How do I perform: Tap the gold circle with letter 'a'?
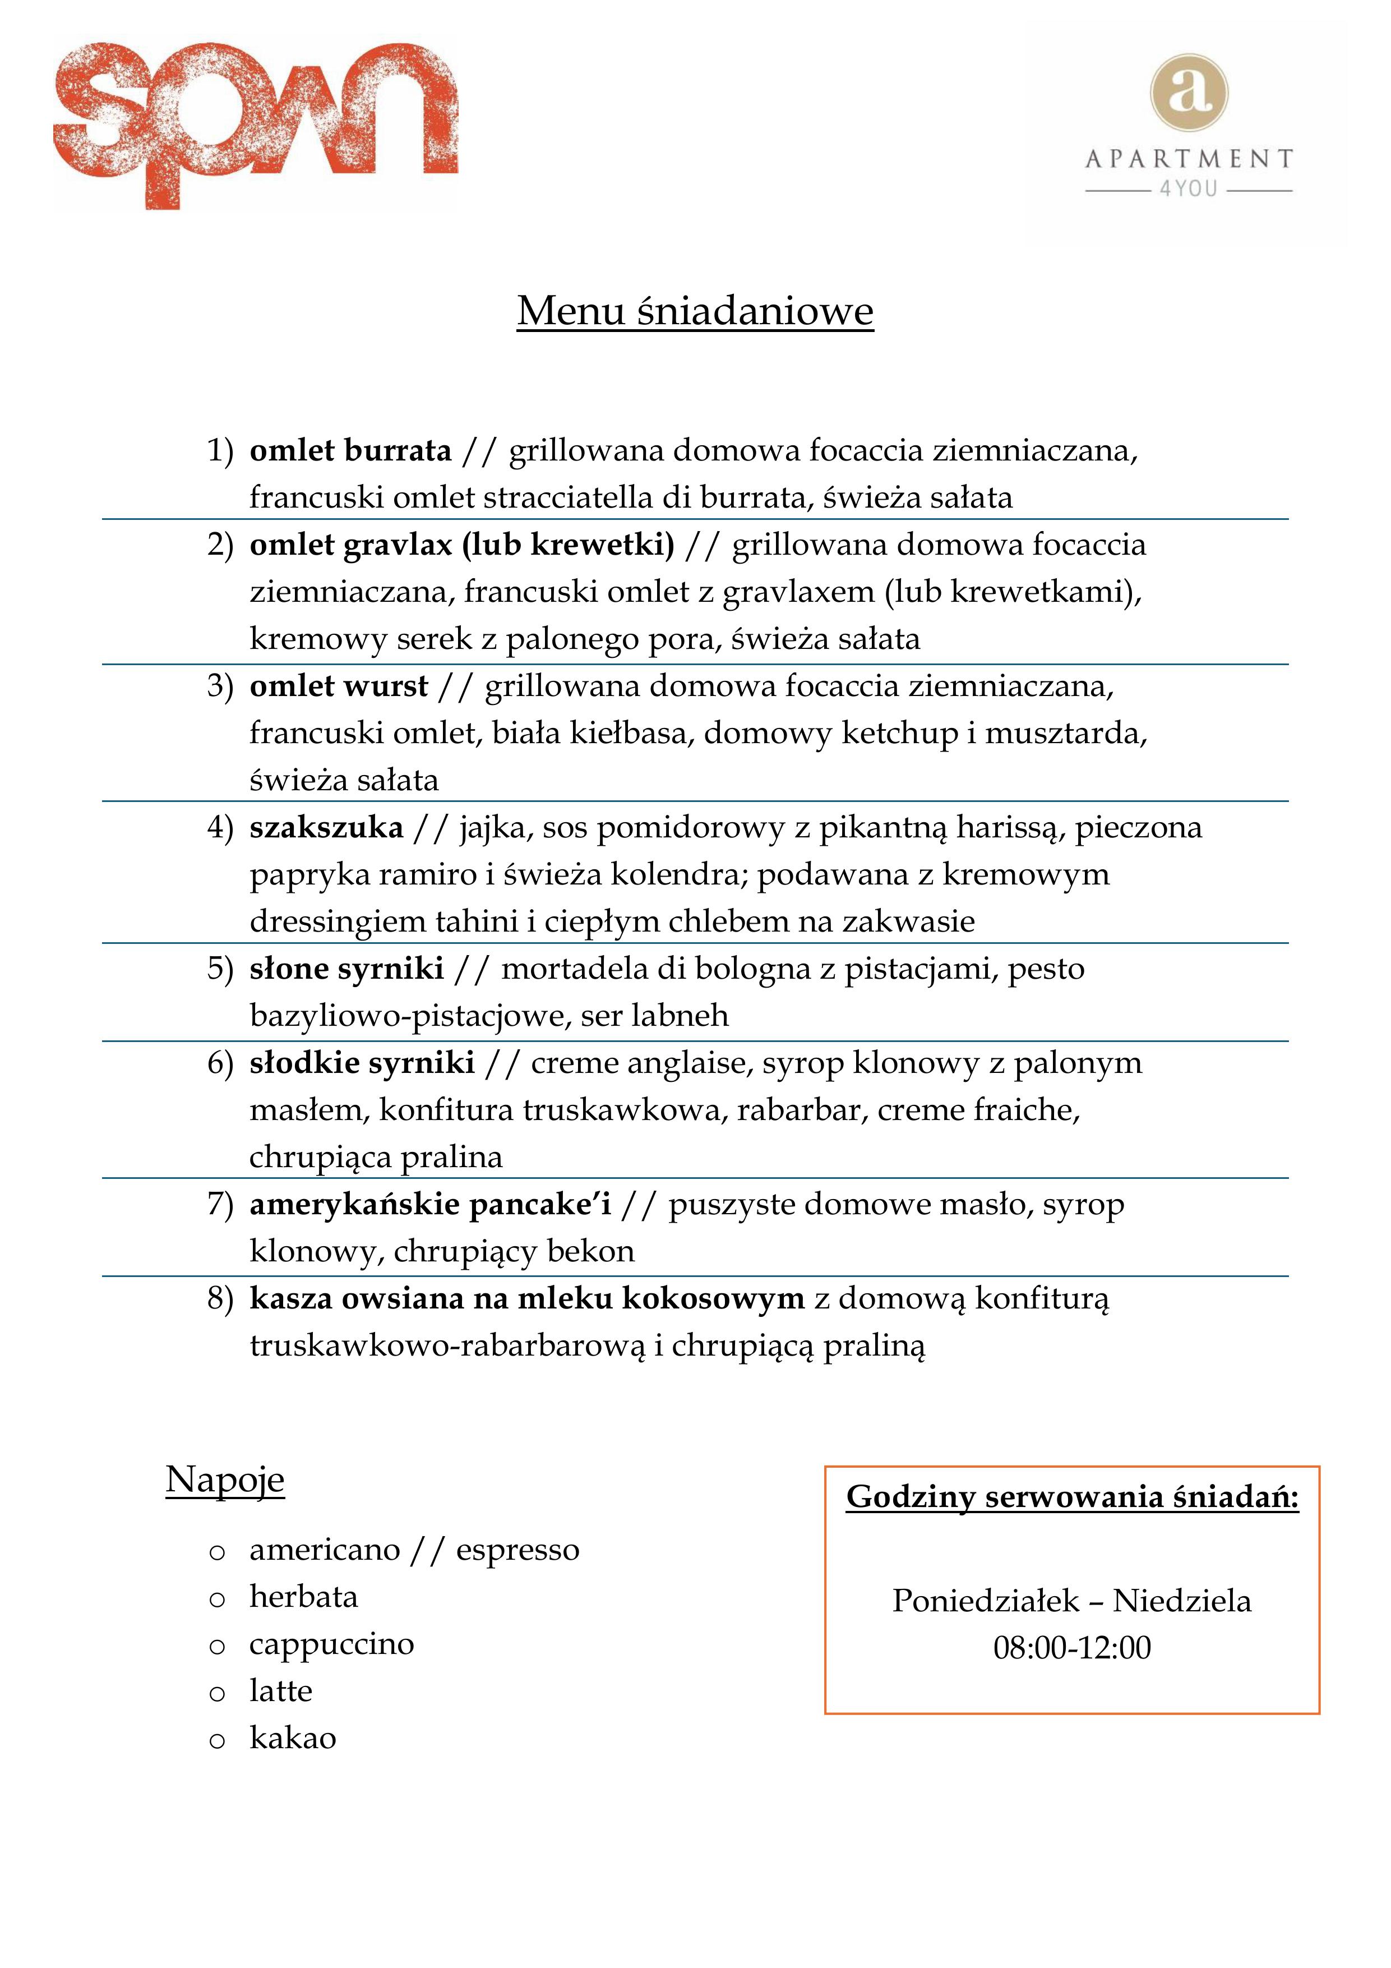[1188, 93]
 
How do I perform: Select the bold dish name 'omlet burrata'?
[350, 450]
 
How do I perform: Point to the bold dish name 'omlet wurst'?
[339, 686]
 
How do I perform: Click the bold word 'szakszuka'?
[326, 827]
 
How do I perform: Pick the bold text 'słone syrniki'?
[346, 969]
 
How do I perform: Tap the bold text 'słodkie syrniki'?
[362, 1063]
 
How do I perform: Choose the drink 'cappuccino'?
[332, 1644]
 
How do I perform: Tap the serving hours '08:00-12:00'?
[1071, 1647]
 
